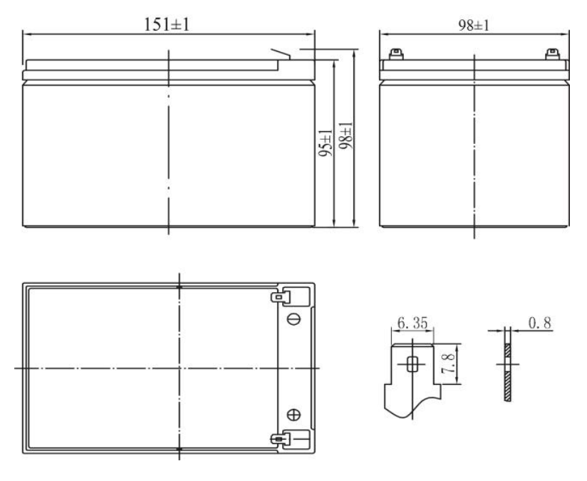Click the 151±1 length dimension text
168,23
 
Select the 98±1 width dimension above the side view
474,24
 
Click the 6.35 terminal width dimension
412,324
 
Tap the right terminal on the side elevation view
551,53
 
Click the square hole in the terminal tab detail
411,364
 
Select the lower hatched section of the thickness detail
507,385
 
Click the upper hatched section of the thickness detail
507,351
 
